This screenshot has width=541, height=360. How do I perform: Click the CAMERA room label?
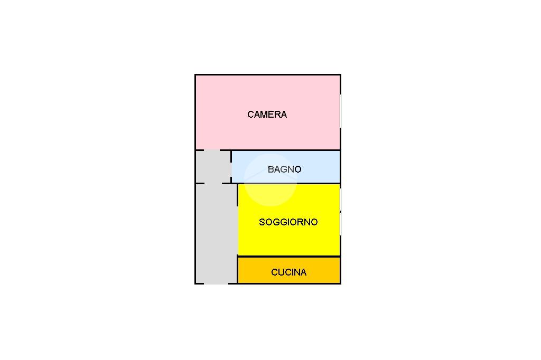coord(267,115)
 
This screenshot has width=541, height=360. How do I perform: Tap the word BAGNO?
coord(284,169)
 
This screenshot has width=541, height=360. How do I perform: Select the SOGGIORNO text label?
coord(288,222)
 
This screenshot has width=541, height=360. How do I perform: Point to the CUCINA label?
coord(288,272)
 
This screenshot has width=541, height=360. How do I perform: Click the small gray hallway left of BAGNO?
coord(212,167)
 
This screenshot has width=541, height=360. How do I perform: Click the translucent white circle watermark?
coord(269,179)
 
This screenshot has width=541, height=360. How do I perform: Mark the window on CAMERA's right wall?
coord(340,111)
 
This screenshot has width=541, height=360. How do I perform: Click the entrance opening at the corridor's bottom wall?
coord(216,283)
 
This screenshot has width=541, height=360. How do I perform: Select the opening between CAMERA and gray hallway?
coord(212,150)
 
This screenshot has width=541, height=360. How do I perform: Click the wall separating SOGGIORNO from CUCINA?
coord(288,257)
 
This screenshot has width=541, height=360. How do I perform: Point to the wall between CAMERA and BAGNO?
coord(285,150)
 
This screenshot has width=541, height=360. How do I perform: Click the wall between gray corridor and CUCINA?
coord(238,270)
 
